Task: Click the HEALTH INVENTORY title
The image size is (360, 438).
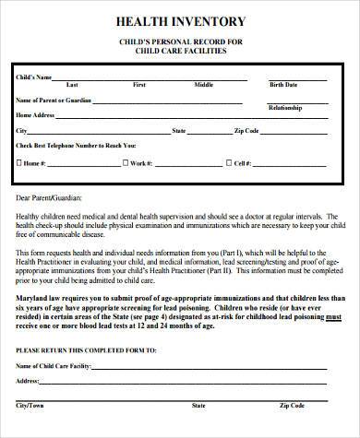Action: (180, 21)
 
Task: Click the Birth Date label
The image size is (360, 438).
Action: (282, 84)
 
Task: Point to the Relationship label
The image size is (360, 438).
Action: (284, 107)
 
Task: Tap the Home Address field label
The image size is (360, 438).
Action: (36, 114)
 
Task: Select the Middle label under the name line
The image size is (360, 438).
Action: (203, 84)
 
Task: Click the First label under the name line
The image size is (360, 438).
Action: (139, 84)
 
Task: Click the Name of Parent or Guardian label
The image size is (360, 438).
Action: (54, 99)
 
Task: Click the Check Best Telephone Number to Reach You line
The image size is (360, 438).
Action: (76, 146)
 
